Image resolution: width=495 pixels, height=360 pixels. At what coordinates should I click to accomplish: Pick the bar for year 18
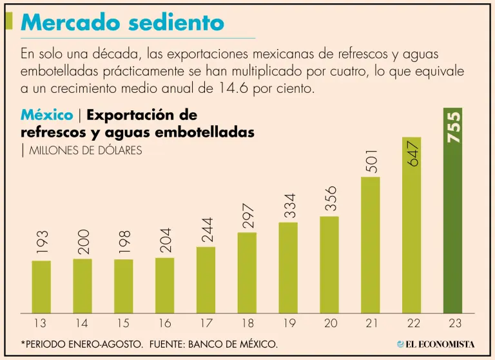click(247, 272)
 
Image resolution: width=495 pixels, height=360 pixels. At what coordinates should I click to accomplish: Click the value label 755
click(453, 126)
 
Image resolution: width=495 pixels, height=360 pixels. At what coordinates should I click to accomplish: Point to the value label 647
click(412, 155)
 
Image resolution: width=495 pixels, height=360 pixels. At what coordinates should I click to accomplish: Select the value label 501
click(371, 162)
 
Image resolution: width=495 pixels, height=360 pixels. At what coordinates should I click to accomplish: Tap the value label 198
click(124, 241)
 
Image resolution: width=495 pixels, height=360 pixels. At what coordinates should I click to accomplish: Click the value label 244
click(206, 230)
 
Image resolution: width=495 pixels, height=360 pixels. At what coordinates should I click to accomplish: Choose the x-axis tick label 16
click(164, 323)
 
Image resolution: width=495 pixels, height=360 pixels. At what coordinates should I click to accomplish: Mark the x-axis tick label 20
click(329, 323)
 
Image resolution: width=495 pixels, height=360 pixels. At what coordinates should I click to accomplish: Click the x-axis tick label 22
click(412, 323)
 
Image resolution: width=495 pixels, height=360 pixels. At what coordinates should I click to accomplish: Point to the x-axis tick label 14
click(82, 323)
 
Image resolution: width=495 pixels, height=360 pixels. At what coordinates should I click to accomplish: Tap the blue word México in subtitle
click(46, 115)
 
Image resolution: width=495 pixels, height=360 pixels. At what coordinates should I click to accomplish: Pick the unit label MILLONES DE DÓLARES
click(86, 150)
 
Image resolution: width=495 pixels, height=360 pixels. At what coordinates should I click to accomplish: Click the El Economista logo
click(436, 344)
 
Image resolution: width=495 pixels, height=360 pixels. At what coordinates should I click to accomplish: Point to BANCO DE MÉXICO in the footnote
click(235, 345)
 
